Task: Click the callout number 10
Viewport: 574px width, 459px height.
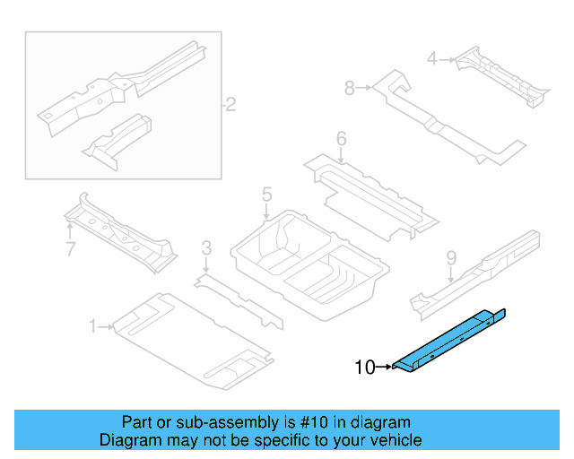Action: coord(365,367)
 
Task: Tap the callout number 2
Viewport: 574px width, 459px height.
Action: coord(230,106)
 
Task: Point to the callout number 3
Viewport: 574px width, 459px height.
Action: coord(206,248)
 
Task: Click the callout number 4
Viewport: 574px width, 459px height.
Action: coord(431,59)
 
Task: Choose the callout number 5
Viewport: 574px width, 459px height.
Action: coord(266,195)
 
